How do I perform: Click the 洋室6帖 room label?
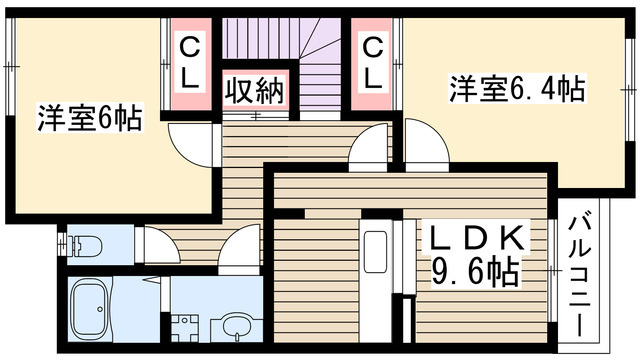[90, 118]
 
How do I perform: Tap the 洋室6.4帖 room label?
[517, 88]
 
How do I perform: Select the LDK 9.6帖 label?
[476, 256]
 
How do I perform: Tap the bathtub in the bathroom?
[90, 309]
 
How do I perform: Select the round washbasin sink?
[236, 324]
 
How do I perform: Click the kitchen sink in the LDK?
[375, 252]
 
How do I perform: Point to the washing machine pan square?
[185, 328]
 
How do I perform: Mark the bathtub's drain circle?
[100, 309]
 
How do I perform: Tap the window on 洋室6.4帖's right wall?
[630, 89]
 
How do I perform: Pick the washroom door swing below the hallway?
[239, 249]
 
